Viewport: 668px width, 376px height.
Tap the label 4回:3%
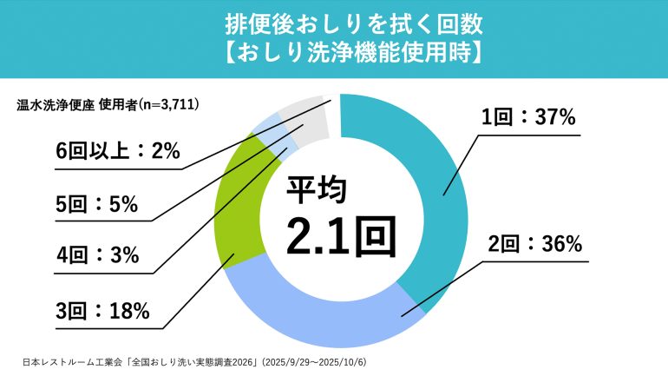[x=96, y=254]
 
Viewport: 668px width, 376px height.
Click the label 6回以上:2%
[x=116, y=152]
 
